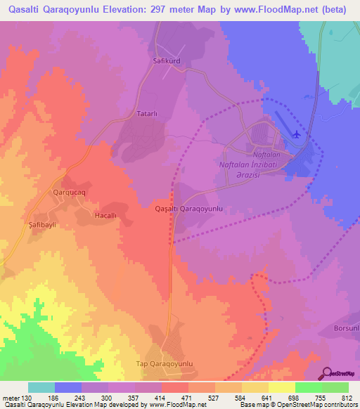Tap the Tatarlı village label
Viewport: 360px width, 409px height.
click(150, 112)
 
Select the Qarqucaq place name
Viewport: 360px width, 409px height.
click(69, 190)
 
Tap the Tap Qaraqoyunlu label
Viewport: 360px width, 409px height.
click(163, 363)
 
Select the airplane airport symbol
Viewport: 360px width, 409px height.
click(296, 134)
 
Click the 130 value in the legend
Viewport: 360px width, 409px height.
click(27, 398)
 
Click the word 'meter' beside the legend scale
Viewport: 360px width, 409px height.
click(10, 398)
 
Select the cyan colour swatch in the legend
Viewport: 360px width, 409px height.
click(41, 387)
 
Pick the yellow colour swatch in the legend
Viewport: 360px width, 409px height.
click(281, 387)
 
